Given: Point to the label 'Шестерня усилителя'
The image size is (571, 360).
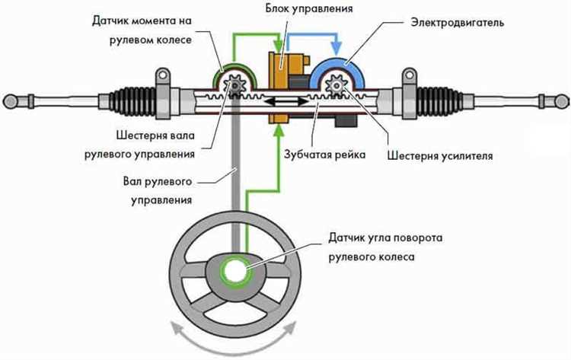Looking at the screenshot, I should (x=441, y=156).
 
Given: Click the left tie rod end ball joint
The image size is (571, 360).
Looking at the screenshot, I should (x=13, y=99).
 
